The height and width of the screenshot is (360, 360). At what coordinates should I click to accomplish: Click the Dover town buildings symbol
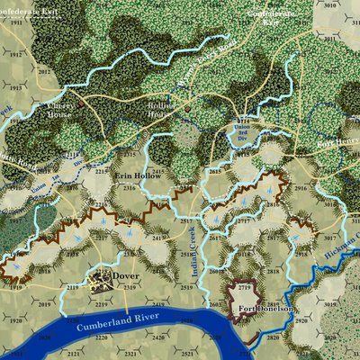[x=102, y=278]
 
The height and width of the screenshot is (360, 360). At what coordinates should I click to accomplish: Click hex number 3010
[x=330, y=5]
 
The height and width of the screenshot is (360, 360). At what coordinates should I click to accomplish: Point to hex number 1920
[x=15, y=319]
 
